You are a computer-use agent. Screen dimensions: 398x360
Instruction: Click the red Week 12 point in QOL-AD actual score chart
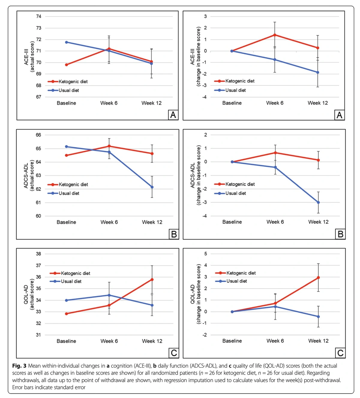[152, 279]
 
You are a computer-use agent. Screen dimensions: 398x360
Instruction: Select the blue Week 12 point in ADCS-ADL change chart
[318, 202]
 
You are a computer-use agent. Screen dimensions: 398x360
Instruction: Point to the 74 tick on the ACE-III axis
[39, 17]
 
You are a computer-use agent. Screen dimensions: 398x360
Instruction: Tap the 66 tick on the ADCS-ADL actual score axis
[39, 135]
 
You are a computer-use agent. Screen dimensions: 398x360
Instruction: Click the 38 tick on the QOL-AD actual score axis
[39, 254]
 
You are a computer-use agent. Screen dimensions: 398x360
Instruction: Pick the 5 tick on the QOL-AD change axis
[205, 254]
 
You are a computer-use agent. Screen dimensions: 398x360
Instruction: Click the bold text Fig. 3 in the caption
[19, 366]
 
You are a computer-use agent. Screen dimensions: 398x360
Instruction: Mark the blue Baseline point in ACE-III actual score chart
[66, 42]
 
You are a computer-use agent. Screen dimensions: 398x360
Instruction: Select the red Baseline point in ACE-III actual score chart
[66, 65]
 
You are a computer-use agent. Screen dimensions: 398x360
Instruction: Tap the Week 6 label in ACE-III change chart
[275, 103]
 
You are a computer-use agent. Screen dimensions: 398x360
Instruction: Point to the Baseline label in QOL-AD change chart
[232, 341]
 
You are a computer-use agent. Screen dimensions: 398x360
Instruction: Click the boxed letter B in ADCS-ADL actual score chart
[174, 234]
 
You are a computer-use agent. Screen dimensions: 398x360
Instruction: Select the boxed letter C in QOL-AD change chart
[340, 353]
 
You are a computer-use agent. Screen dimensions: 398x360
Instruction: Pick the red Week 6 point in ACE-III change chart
[275, 35]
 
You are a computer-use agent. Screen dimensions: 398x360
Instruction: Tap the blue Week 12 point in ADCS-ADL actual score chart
[152, 187]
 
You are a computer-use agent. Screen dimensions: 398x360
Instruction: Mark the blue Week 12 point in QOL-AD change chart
[318, 317]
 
